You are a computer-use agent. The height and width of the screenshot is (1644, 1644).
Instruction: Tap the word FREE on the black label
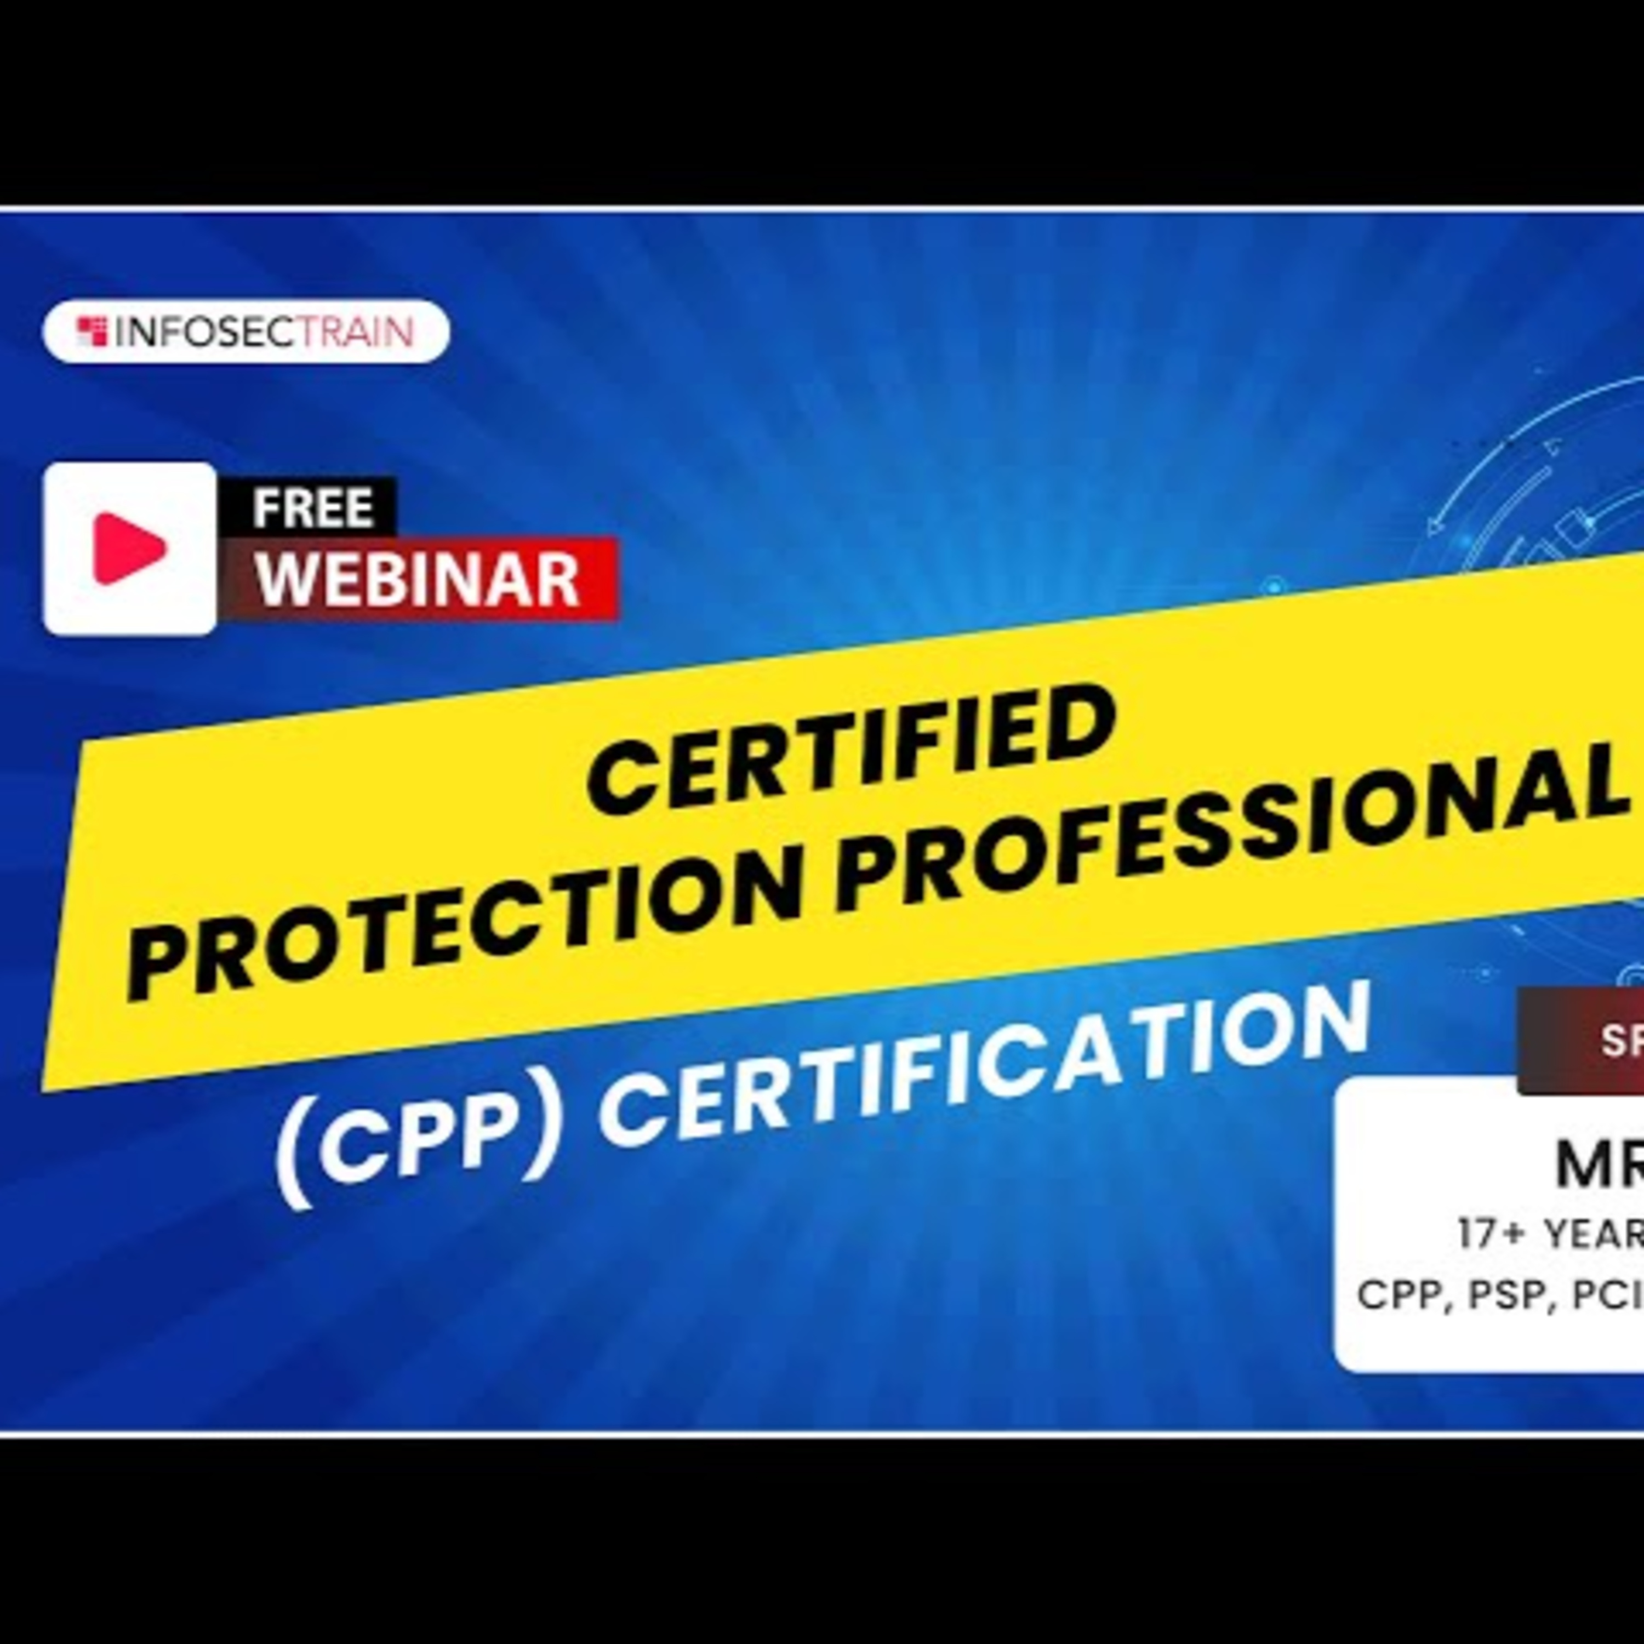pyautogui.click(x=312, y=508)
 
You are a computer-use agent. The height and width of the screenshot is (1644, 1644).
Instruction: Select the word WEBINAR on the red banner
pyautogui.click(x=418, y=579)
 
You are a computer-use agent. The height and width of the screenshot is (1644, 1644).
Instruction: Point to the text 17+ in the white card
pyautogui.click(x=1488, y=1234)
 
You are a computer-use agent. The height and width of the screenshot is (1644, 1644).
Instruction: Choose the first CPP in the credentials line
pyautogui.click(x=1404, y=1296)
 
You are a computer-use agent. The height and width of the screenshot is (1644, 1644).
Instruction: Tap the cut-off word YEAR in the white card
pyautogui.click(x=1591, y=1234)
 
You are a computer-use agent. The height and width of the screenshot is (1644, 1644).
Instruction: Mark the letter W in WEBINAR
pyautogui.click(x=284, y=581)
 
